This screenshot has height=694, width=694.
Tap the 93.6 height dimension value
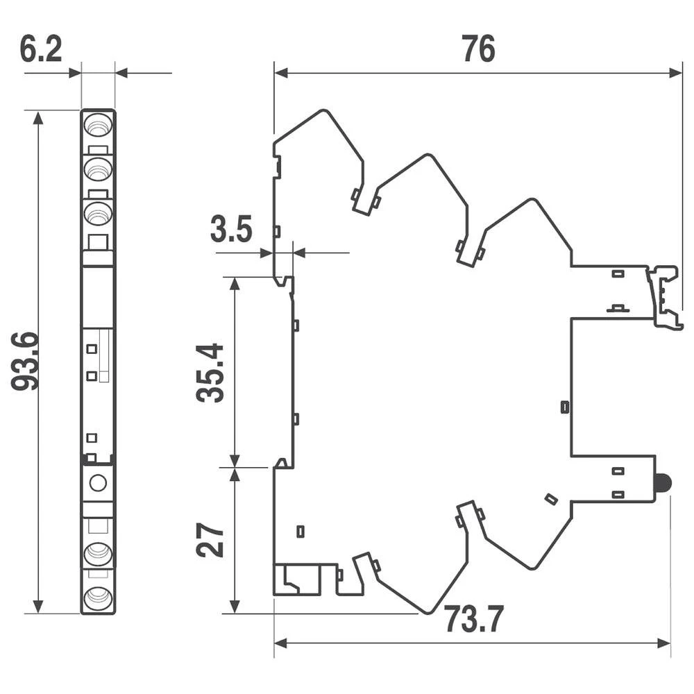click(25, 361)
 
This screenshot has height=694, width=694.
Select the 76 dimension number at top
click(478, 49)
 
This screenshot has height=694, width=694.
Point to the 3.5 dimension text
click(231, 229)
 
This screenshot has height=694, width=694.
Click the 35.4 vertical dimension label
click(210, 372)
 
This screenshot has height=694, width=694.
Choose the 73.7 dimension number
click(473, 620)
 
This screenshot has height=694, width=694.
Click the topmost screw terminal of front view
click(98, 124)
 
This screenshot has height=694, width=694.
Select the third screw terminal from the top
click(98, 214)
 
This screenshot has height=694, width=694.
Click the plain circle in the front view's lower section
click(98, 482)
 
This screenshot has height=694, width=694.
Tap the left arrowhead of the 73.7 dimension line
click(281, 643)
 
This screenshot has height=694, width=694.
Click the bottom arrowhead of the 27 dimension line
click(235, 606)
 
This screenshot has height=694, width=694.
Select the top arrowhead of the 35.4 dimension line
click(235, 284)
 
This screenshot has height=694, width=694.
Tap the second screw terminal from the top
click(98, 169)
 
